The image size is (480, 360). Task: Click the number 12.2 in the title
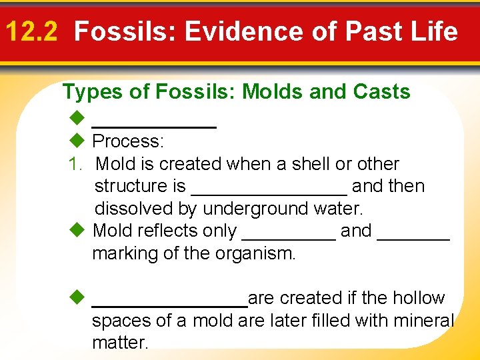(35, 31)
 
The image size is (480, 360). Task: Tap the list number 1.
(75, 164)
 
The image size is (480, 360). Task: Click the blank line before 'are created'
(169, 303)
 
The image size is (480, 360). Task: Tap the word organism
(257, 254)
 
